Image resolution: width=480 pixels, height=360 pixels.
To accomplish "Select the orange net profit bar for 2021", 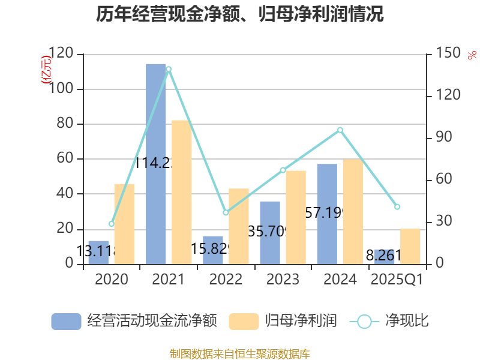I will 182,192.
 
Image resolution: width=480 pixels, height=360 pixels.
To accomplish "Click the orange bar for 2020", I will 124,224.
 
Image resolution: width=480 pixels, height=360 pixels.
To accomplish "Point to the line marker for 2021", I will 169,69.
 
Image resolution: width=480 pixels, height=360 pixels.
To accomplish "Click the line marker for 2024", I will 340,130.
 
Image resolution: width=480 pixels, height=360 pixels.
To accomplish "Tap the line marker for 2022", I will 226,212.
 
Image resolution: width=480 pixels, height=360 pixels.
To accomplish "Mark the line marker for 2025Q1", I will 397,206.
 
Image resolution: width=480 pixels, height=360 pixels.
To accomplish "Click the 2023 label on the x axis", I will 283,280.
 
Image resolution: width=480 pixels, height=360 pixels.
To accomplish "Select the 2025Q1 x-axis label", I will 397,280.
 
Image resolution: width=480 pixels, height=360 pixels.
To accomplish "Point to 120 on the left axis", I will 62,55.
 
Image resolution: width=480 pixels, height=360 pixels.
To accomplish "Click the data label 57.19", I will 324,212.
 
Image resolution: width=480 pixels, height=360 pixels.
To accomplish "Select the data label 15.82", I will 210,248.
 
